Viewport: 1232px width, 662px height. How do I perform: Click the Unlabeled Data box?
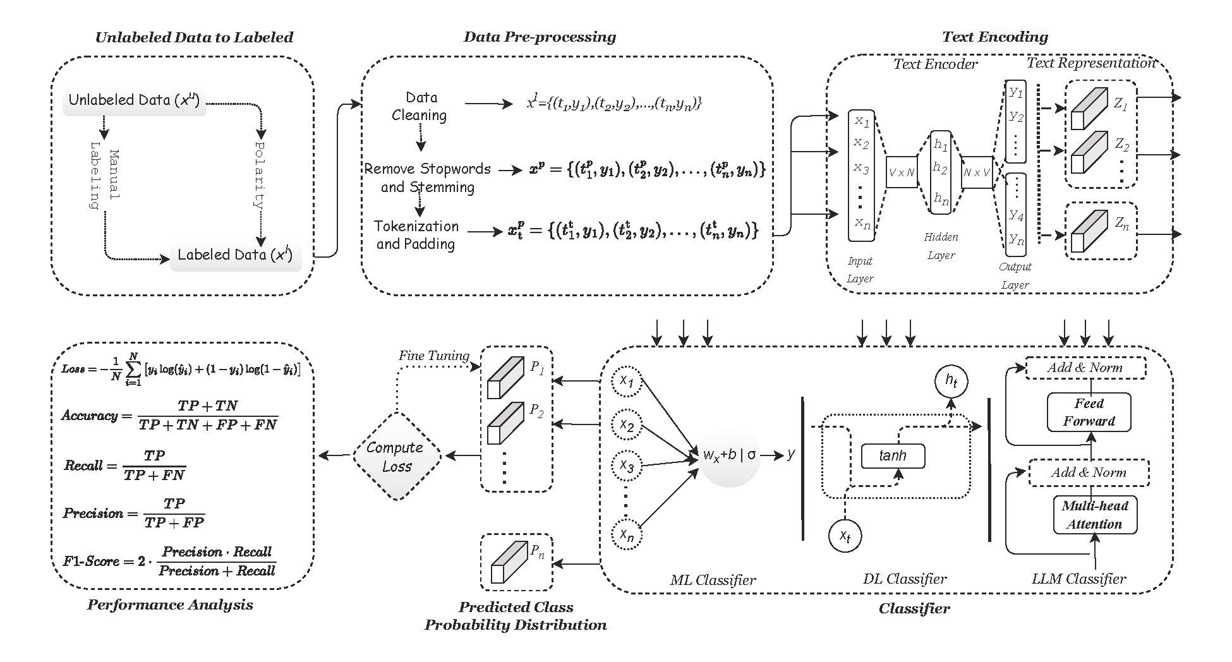[134, 100]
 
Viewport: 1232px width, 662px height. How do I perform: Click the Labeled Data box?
[235, 255]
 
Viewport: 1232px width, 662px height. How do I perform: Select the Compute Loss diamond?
[396, 457]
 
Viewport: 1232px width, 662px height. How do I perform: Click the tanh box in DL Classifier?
[893, 455]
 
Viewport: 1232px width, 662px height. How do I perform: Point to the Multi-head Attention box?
[1094, 515]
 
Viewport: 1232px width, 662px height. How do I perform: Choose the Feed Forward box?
[1089, 412]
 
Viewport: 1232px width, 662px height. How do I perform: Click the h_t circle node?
[951, 381]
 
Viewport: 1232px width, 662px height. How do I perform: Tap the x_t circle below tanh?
[845, 536]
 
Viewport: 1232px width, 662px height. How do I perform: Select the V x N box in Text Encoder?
[902, 172]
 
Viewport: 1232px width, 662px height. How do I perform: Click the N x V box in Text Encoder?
[977, 172]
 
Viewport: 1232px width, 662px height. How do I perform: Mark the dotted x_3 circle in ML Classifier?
[626, 466]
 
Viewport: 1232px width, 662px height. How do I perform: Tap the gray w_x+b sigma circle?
[730, 455]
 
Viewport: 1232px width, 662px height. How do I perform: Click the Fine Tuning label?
[433, 356]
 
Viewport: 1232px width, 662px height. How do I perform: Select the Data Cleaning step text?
[420, 106]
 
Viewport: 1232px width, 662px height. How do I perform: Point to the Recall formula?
[124, 466]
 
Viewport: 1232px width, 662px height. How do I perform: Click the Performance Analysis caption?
[170, 605]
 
